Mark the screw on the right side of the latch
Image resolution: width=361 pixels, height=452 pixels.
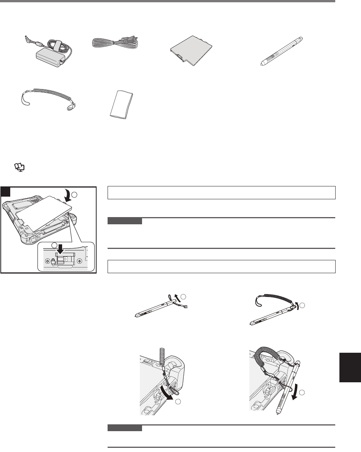click(x=79, y=261)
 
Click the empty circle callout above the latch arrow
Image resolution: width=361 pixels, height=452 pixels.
click(x=55, y=245)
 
